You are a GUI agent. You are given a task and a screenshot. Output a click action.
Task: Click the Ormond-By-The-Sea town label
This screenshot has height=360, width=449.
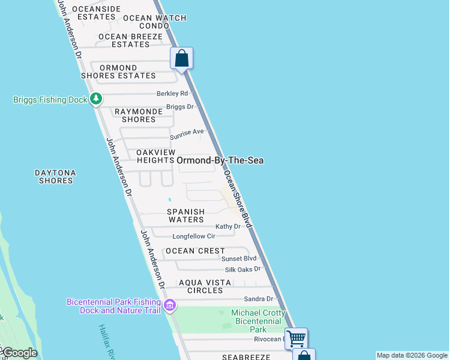tap(220, 160)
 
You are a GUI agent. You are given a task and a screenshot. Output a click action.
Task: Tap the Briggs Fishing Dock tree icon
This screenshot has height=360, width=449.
tap(96, 100)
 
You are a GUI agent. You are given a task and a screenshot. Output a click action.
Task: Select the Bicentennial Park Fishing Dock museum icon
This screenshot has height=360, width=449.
tap(170, 306)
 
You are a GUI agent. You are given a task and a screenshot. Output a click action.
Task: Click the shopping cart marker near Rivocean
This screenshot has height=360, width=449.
tap(296, 338)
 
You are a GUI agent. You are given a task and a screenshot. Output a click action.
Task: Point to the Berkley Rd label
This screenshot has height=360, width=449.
tap(172, 94)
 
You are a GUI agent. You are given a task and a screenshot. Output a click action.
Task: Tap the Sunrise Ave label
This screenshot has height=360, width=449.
tap(187, 131)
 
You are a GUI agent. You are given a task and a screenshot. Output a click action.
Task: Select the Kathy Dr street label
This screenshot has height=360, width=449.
tap(228, 226)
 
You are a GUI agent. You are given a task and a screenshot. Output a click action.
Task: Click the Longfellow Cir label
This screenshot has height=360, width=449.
tap(194, 236)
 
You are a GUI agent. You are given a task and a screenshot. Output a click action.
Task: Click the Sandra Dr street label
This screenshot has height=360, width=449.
tap(259, 299)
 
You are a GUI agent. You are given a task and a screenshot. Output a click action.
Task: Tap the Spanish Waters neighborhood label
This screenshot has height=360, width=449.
tap(185, 215)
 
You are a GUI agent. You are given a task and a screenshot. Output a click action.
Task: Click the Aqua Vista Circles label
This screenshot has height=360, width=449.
tap(200, 286)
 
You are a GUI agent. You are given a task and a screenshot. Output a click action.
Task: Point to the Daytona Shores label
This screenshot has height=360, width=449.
tap(55, 176)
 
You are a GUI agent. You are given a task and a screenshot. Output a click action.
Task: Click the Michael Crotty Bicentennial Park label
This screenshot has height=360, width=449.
tap(258, 321)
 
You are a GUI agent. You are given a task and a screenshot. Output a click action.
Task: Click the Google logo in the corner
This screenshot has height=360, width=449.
tap(19, 353)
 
